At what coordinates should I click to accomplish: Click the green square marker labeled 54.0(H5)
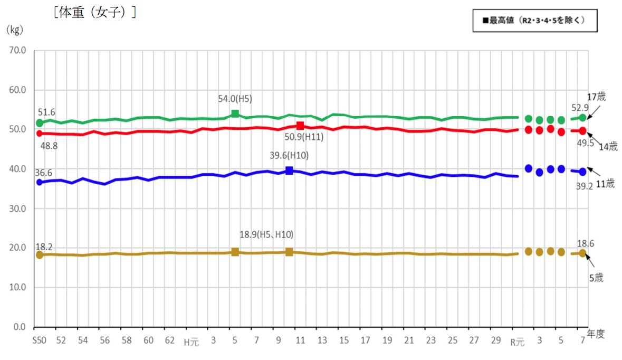click(235, 114)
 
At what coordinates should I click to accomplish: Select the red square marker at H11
click(300, 126)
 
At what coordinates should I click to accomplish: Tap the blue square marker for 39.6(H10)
click(289, 170)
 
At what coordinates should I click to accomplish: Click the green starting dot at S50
click(39, 123)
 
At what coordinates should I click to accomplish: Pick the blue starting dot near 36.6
click(39, 182)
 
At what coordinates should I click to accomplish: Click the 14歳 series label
click(608, 147)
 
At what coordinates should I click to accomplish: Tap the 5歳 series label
click(596, 278)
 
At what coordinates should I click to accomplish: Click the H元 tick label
click(191, 342)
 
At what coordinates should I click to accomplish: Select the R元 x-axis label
click(518, 342)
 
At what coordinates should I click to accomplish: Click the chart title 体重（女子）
click(95, 12)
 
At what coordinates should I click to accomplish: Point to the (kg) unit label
click(14, 30)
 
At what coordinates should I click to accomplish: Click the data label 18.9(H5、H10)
click(266, 235)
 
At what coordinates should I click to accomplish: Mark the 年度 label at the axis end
click(596, 334)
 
